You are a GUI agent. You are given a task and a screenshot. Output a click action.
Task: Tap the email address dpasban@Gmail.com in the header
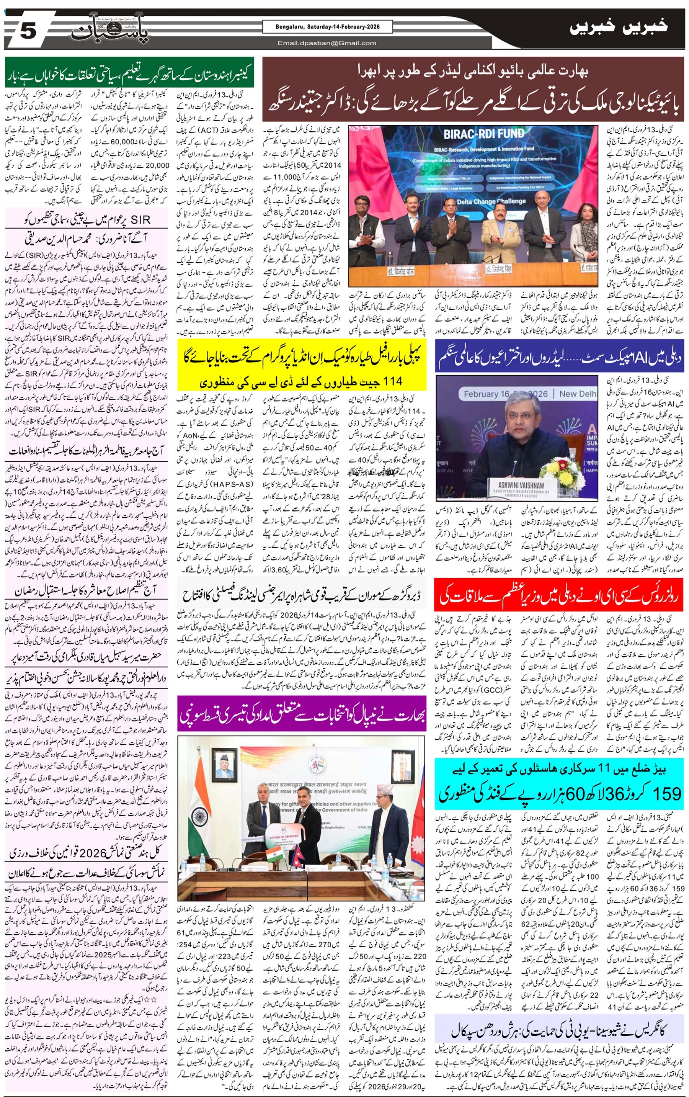click(x=327, y=43)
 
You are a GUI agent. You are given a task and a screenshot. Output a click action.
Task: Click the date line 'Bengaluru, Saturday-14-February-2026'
click(x=327, y=27)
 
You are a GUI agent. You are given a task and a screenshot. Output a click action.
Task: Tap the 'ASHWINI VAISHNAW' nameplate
click(x=521, y=486)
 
